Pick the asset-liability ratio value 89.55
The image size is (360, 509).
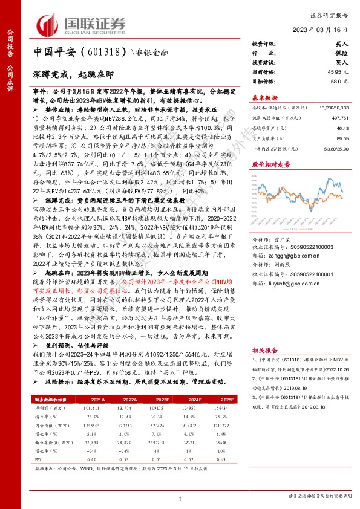tap(341, 138)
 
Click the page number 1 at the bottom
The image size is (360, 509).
tap(180, 497)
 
